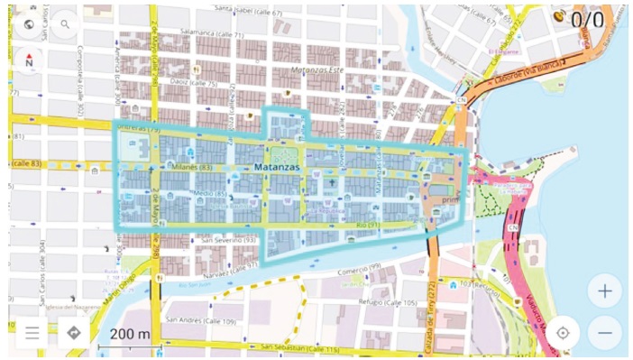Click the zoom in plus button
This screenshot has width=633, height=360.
coord(604,291)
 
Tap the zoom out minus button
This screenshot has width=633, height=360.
coord(604,332)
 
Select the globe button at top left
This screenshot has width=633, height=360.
coord(31,24)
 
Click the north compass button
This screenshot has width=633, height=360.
coord(31,61)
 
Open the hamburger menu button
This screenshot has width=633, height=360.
coord(32,332)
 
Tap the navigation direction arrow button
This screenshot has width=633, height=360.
coord(74,332)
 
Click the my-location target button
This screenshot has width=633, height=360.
coord(563,332)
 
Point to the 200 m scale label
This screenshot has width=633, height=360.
coord(130,335)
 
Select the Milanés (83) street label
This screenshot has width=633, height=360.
coord(192,167)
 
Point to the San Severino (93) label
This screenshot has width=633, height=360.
coord(229,241)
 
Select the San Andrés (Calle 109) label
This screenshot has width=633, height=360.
coord(200,320)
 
